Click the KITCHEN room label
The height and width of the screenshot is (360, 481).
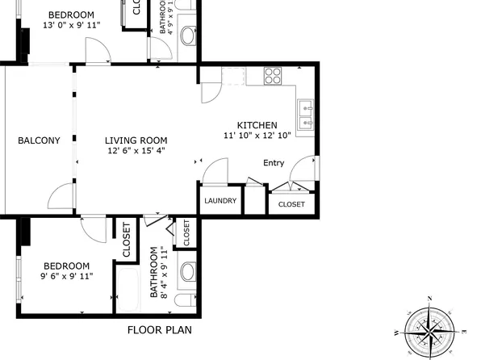point(257,125)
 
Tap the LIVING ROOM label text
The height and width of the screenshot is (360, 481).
point(136,140)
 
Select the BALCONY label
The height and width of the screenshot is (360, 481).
point(39,140)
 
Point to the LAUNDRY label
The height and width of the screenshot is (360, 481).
point(220,201)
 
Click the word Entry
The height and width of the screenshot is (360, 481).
point(274,163)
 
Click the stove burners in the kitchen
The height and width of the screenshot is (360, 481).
point(273,77)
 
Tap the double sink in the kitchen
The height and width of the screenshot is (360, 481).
point(306,115)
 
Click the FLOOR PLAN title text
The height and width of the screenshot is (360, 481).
point(159,330)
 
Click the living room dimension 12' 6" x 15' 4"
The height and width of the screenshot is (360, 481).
point(136,150)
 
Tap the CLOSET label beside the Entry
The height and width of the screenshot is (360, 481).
point(291,204)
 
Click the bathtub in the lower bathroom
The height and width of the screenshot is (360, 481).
point(129,287)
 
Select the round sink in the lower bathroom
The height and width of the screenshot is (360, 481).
point(188,271)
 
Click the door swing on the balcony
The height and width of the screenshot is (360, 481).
point(61,196)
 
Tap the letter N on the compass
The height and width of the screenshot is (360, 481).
point(430,299)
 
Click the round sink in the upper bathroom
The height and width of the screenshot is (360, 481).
point(188,36)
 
